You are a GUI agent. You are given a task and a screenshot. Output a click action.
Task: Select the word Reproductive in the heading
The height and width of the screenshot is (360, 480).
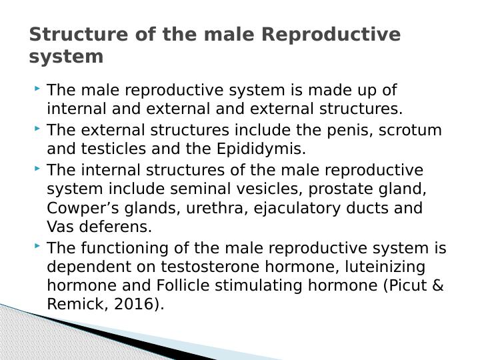(x=332, y=34)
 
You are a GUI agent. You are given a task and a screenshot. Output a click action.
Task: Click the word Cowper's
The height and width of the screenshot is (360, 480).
(x=79, y=208)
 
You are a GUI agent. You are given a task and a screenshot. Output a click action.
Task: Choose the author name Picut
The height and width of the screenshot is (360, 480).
(x=409, y=286)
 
